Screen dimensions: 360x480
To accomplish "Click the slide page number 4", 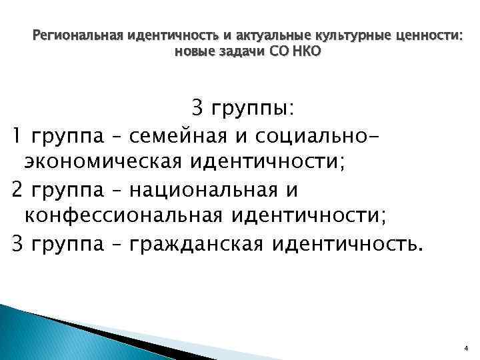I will click(x=466, y=347).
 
